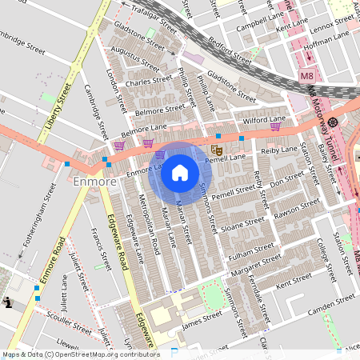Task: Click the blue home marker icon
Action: coord(180,173)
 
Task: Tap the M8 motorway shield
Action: coord(307,76)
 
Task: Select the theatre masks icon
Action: coord(215,149)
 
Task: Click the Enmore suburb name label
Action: coord(95,182)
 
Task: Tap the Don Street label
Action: coord(287,183)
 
